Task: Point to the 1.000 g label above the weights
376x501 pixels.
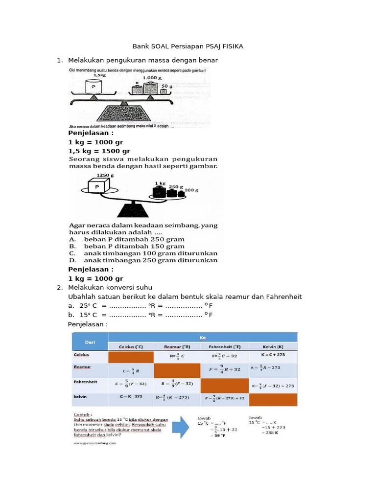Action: pos(152,78)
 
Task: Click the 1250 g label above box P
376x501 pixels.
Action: pos(106,175)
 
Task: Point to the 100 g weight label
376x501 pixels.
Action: pos(191,189)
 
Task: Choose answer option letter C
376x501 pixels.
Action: pos(72,253)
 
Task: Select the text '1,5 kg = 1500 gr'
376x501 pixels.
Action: pos(99,151)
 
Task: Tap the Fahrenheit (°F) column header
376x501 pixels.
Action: pos(224,346)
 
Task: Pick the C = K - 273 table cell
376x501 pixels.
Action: pos(130,397)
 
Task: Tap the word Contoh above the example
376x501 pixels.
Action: pos(83,413)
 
